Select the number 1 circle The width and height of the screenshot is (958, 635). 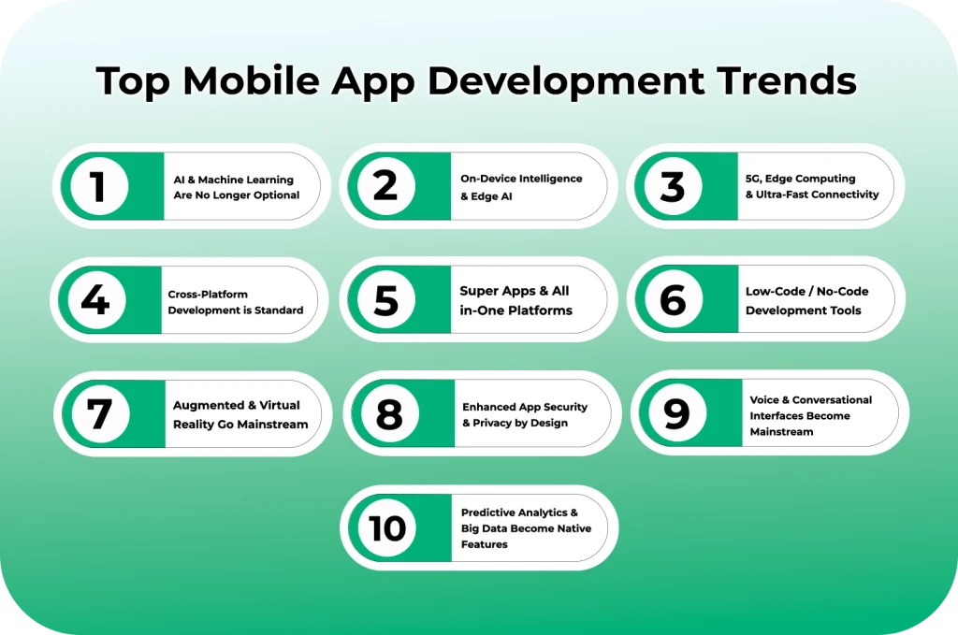(x=97, y=186)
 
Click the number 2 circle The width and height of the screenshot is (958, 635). (x=385, y=185)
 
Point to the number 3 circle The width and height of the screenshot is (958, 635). (x=672, y=186)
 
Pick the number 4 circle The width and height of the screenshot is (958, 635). (x=95, y=300)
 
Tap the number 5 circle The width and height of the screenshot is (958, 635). (x=385, y=300)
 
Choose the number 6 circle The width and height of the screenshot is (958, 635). (x=672, y=300)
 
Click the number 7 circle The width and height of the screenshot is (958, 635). (x=98, y=414)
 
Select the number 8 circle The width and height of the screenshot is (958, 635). (x=388, y=414)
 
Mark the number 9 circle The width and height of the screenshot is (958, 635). (x=675, y=414)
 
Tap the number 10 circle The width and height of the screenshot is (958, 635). (x=386, y=528)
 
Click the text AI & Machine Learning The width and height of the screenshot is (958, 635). (x=233, y=179)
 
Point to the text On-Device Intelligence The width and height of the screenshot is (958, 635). (x=520, y=178)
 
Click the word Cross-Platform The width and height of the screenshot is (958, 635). (x=208, y=294)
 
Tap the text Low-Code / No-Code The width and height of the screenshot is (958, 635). (x=806, y=291)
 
